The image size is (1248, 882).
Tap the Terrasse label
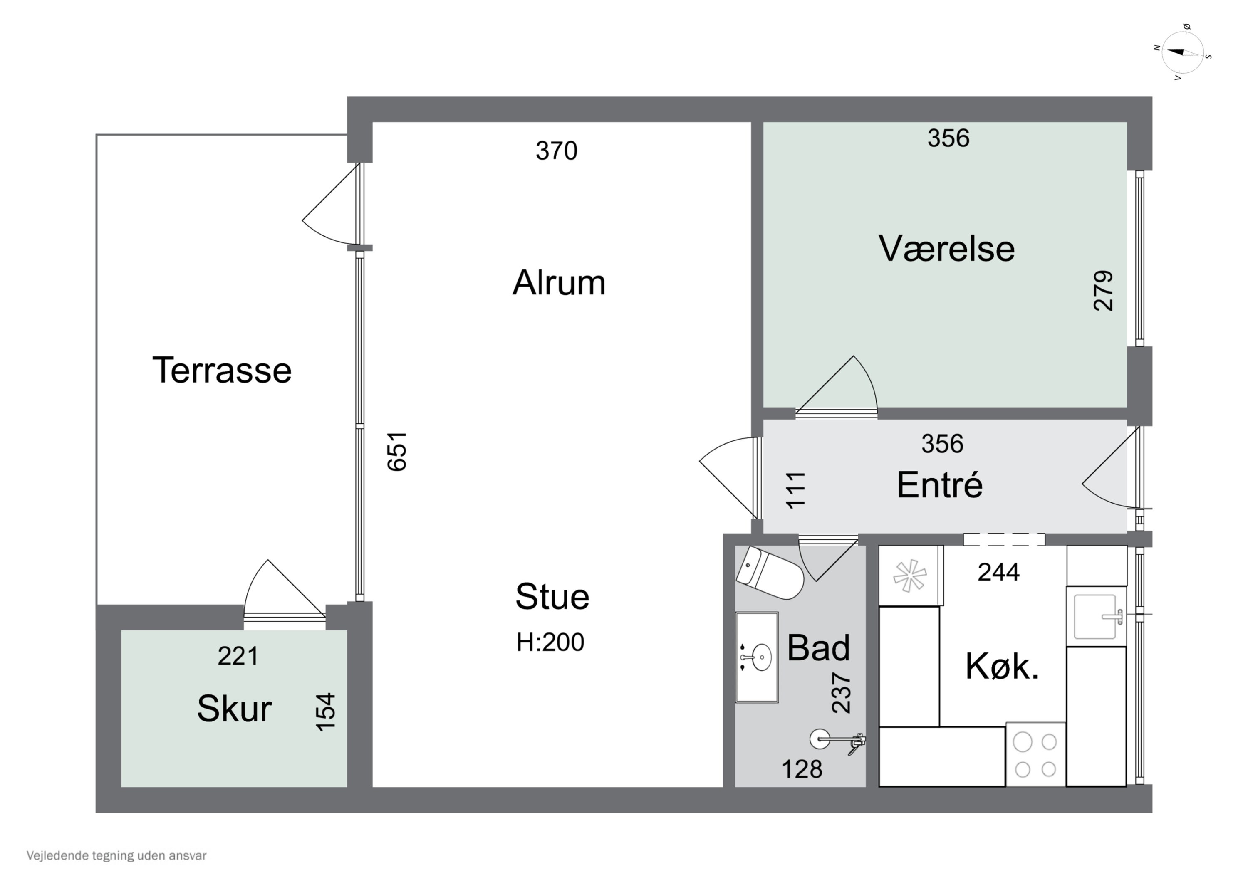pos(222,370)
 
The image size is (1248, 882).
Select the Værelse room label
pos(946,249)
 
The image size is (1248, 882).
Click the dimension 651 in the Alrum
pos(397,451)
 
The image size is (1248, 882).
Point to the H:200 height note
pos(550,642)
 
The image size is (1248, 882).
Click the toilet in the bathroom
pos(769,573)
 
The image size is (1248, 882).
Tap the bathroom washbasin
pos(757,657)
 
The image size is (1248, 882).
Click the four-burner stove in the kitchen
pos(1035,755)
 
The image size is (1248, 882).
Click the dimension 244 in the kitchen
pos(998,572)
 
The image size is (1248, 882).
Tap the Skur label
pos(234,709)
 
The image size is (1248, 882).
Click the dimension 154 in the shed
pos(326,712)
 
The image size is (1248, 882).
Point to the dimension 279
pos(1103,291)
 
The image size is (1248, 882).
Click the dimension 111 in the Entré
pos(796,490)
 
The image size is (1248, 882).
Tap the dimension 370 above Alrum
pos(556,151)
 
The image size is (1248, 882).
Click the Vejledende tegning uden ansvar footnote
pos(116,856)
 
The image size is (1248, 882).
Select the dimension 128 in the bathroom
pos(802,769)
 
